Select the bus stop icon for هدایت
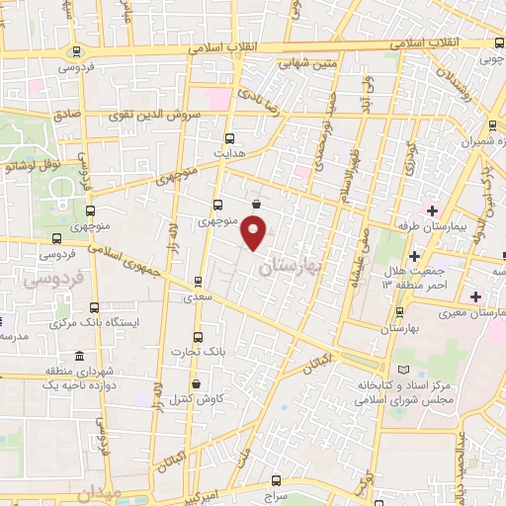click(x=230, y=138)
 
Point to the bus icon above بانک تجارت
click(x=198, y=336)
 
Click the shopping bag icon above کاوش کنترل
click(x=196, y=383)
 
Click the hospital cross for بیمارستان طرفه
click(x=431, y=211)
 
